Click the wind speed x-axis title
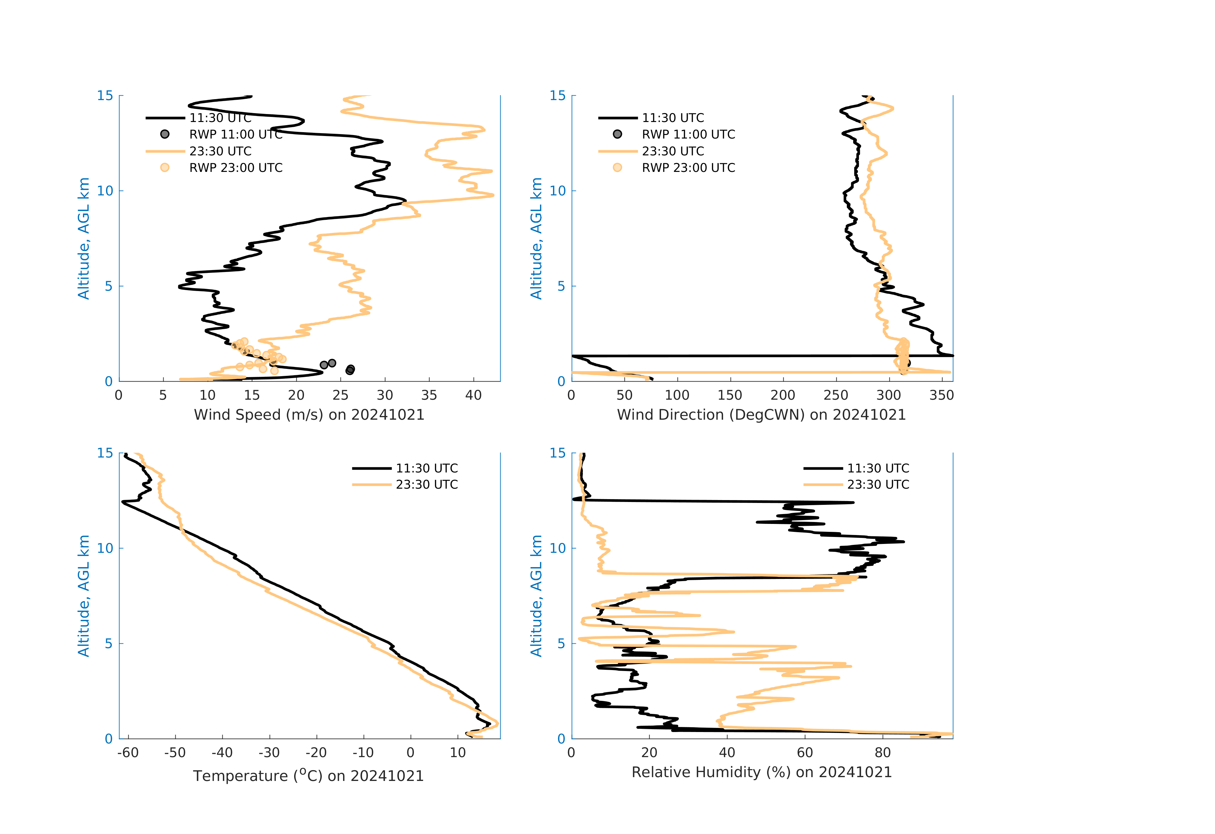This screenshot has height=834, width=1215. [x=309, y=415]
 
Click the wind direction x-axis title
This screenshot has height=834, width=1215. [x=761, y=415]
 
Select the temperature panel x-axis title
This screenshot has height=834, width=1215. [x=308, y=776]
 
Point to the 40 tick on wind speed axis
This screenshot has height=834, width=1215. [x=473, y=395]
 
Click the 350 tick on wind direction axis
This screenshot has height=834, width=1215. [x=942, y=395]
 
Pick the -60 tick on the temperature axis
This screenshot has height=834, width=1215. [x=128, y=753]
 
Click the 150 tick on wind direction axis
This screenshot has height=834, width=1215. [x=730, y=395]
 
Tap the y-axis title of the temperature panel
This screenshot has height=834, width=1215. [x=84, y=596]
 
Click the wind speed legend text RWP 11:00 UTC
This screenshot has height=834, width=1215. [x=236, y=134]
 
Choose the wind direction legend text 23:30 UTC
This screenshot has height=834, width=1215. [x=673, y=151]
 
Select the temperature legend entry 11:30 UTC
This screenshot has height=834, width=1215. [x=427, y=468]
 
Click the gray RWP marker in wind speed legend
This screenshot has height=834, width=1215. [x=165, y=134]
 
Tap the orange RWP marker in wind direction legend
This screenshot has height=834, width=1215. [x=618, y=168]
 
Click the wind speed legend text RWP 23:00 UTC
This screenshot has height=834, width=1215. [x=236, y=168]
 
